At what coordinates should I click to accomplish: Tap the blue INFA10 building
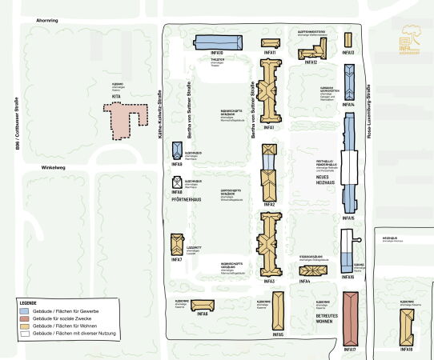(x=218, y=42)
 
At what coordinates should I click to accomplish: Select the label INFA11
(x=270, y=54)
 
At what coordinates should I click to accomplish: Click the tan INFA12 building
(x=312, y=53)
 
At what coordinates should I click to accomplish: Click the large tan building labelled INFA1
(x=269, y=95)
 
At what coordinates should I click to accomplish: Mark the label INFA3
(x=269, y=281)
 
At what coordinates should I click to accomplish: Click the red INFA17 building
(x=349, y=318)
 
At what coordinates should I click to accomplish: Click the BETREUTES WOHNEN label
(x=319, y=314)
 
